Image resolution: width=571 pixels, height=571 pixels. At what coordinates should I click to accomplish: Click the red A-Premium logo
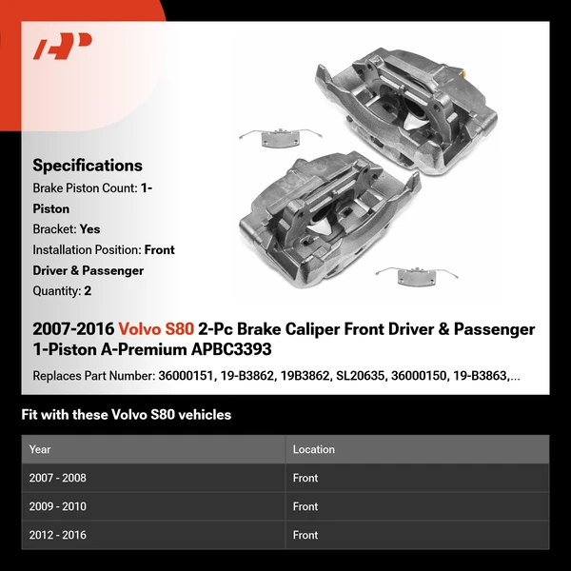pos(62,47)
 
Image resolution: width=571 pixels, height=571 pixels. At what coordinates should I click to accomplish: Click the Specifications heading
pos(88,166)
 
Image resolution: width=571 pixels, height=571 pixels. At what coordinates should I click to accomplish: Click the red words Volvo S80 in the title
pos(156,329)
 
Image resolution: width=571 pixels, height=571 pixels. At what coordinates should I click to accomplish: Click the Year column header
pos(40,449)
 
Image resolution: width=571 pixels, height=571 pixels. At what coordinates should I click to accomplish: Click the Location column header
pos(313,449)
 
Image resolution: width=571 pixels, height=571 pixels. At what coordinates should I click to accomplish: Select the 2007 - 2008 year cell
pos(57,478)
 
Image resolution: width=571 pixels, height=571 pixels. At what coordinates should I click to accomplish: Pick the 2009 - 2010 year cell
pos(57,506)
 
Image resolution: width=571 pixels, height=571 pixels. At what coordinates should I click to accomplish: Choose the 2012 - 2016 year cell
pos(57,535)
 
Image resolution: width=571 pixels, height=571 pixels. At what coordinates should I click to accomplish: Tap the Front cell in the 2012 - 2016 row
pos(305,535)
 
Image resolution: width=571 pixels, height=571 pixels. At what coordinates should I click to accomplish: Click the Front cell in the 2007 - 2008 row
pos(305,478)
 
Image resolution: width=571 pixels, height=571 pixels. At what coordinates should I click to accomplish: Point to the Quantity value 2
pos(88,291)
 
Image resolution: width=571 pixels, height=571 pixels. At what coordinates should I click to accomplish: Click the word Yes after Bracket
pos(90,229)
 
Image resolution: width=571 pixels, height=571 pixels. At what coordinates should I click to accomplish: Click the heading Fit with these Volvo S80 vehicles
pos(126,415)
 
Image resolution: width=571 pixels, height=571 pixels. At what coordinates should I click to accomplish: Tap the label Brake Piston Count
pos(84,188)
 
